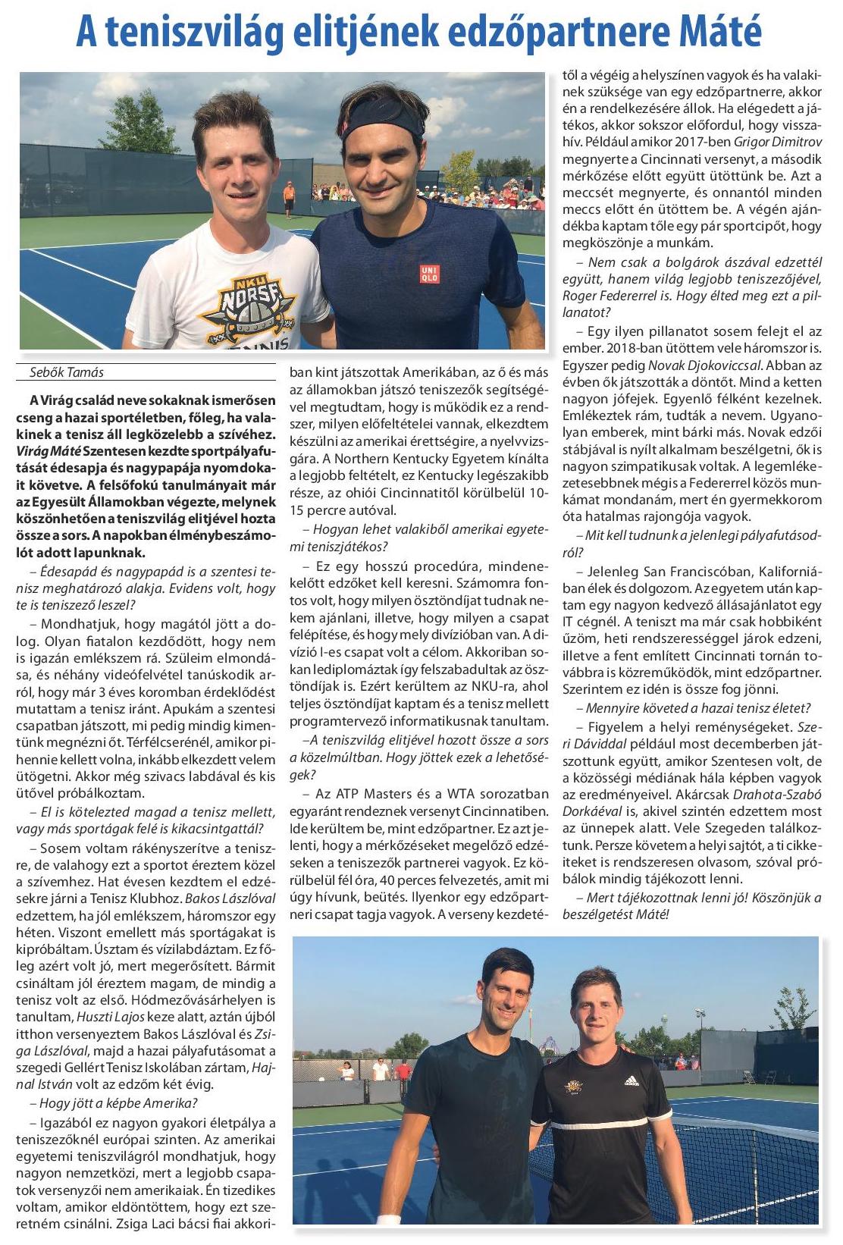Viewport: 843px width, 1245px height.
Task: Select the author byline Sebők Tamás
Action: [x=65, y=372]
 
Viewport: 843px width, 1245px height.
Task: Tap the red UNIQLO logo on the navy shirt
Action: [x=430, y=274]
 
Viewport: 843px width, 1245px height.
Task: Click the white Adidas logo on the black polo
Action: [x=628, y=1080]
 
